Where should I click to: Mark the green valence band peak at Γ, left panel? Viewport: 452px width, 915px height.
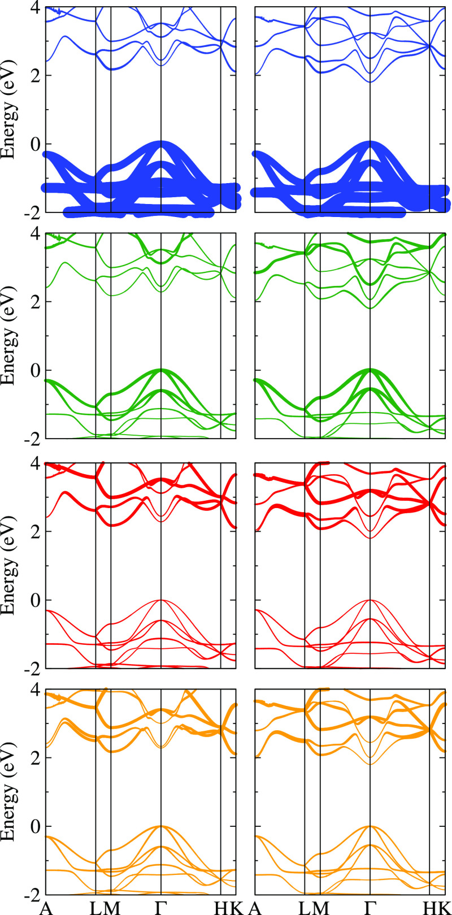[161, 370]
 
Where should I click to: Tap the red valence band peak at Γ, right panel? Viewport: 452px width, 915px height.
[370, 600]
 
